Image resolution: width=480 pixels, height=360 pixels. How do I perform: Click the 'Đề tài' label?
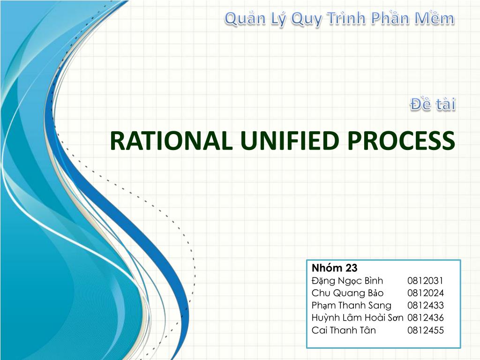tap(433, 105)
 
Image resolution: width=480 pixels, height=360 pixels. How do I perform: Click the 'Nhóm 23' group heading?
tap(334, 268)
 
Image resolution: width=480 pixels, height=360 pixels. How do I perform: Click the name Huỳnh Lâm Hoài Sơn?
tap(357, 317)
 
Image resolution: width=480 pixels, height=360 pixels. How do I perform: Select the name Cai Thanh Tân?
tap(344, 330)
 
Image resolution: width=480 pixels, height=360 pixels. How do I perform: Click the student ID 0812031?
tap(425, 281)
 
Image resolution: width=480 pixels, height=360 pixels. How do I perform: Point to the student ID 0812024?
tap(425, 293)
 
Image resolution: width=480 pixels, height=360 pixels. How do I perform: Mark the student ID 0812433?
tap(425, 305)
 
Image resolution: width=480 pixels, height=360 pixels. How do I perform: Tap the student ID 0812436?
tap(425, 317)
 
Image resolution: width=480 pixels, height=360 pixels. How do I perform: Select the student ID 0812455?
tap(425, 330)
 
